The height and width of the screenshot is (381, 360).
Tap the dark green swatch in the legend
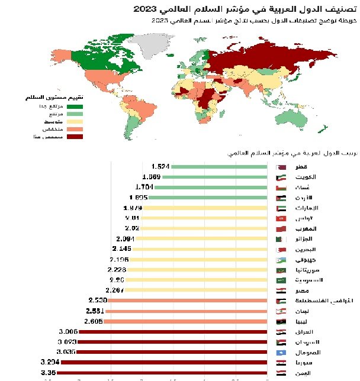pos(75,106)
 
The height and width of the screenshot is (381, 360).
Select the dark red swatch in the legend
pos(75,137)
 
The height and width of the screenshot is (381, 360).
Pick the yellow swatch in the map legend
pos(75,121)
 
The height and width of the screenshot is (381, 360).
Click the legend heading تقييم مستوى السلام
pos(57,96)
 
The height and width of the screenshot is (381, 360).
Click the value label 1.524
pos(160,166)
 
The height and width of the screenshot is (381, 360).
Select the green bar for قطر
pos(219,167)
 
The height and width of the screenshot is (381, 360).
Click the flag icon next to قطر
pos(281,167)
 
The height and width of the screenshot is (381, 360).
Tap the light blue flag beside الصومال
pos(281,351)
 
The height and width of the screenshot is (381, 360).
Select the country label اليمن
pos(307,373)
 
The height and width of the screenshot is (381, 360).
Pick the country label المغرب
pos(306,228)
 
